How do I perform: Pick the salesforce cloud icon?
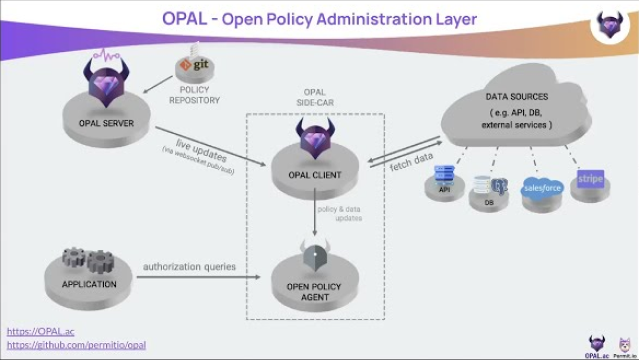(x=542, y=187)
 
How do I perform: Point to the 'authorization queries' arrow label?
(x=190, y=267)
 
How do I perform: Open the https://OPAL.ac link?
(x=41, y=331)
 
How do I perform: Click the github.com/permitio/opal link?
(x=76, y=345)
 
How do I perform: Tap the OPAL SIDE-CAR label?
(x=314, y=99)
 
